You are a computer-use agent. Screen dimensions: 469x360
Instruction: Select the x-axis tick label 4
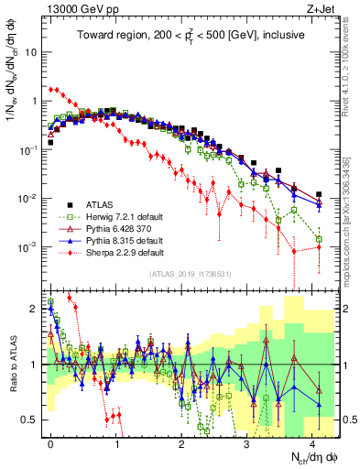(x=312, y=442)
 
